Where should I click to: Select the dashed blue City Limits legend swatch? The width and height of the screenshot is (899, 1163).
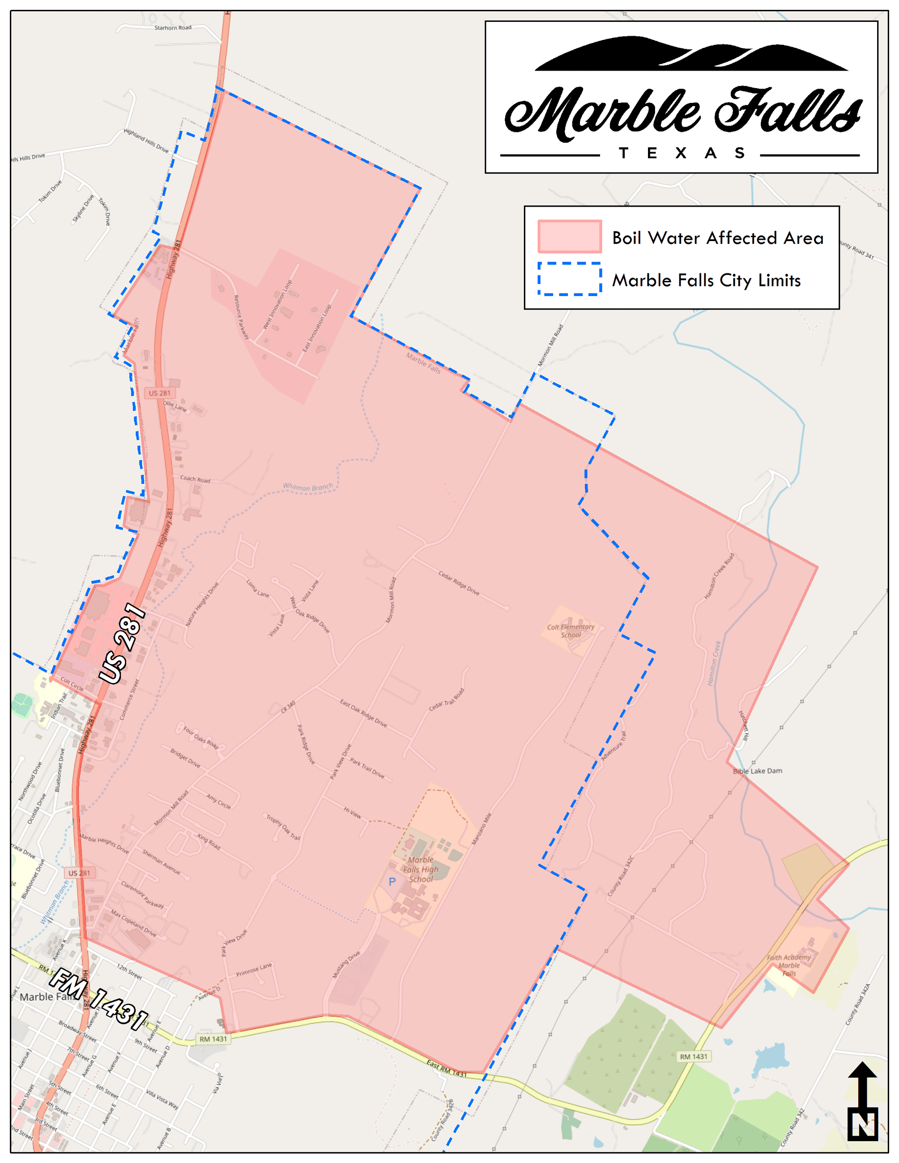(569, 279)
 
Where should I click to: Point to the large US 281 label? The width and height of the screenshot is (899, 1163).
(122, 643)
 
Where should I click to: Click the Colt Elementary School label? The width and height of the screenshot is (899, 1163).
(571, 631)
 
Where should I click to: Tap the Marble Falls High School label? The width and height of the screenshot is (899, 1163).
(421, 869)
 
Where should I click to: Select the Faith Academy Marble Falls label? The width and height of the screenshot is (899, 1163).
(789, 965)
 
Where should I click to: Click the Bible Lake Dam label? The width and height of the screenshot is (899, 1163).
(757, 771)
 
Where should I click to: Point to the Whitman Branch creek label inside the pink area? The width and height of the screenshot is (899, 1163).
(307, 487)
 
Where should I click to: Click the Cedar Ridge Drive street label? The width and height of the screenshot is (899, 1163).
(459, 583)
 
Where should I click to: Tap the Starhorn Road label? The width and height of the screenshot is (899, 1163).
(173, 28)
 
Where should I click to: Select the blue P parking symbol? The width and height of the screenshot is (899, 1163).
(392, 882)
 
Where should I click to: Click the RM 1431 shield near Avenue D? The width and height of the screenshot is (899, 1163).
(213, 1039)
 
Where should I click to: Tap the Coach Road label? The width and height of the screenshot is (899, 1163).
(195, 479)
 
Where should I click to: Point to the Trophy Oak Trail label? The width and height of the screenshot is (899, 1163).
(283, 828)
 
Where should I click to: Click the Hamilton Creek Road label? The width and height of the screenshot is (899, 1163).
(719, 576)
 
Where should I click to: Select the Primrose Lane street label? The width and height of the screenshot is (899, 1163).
(254, 969)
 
